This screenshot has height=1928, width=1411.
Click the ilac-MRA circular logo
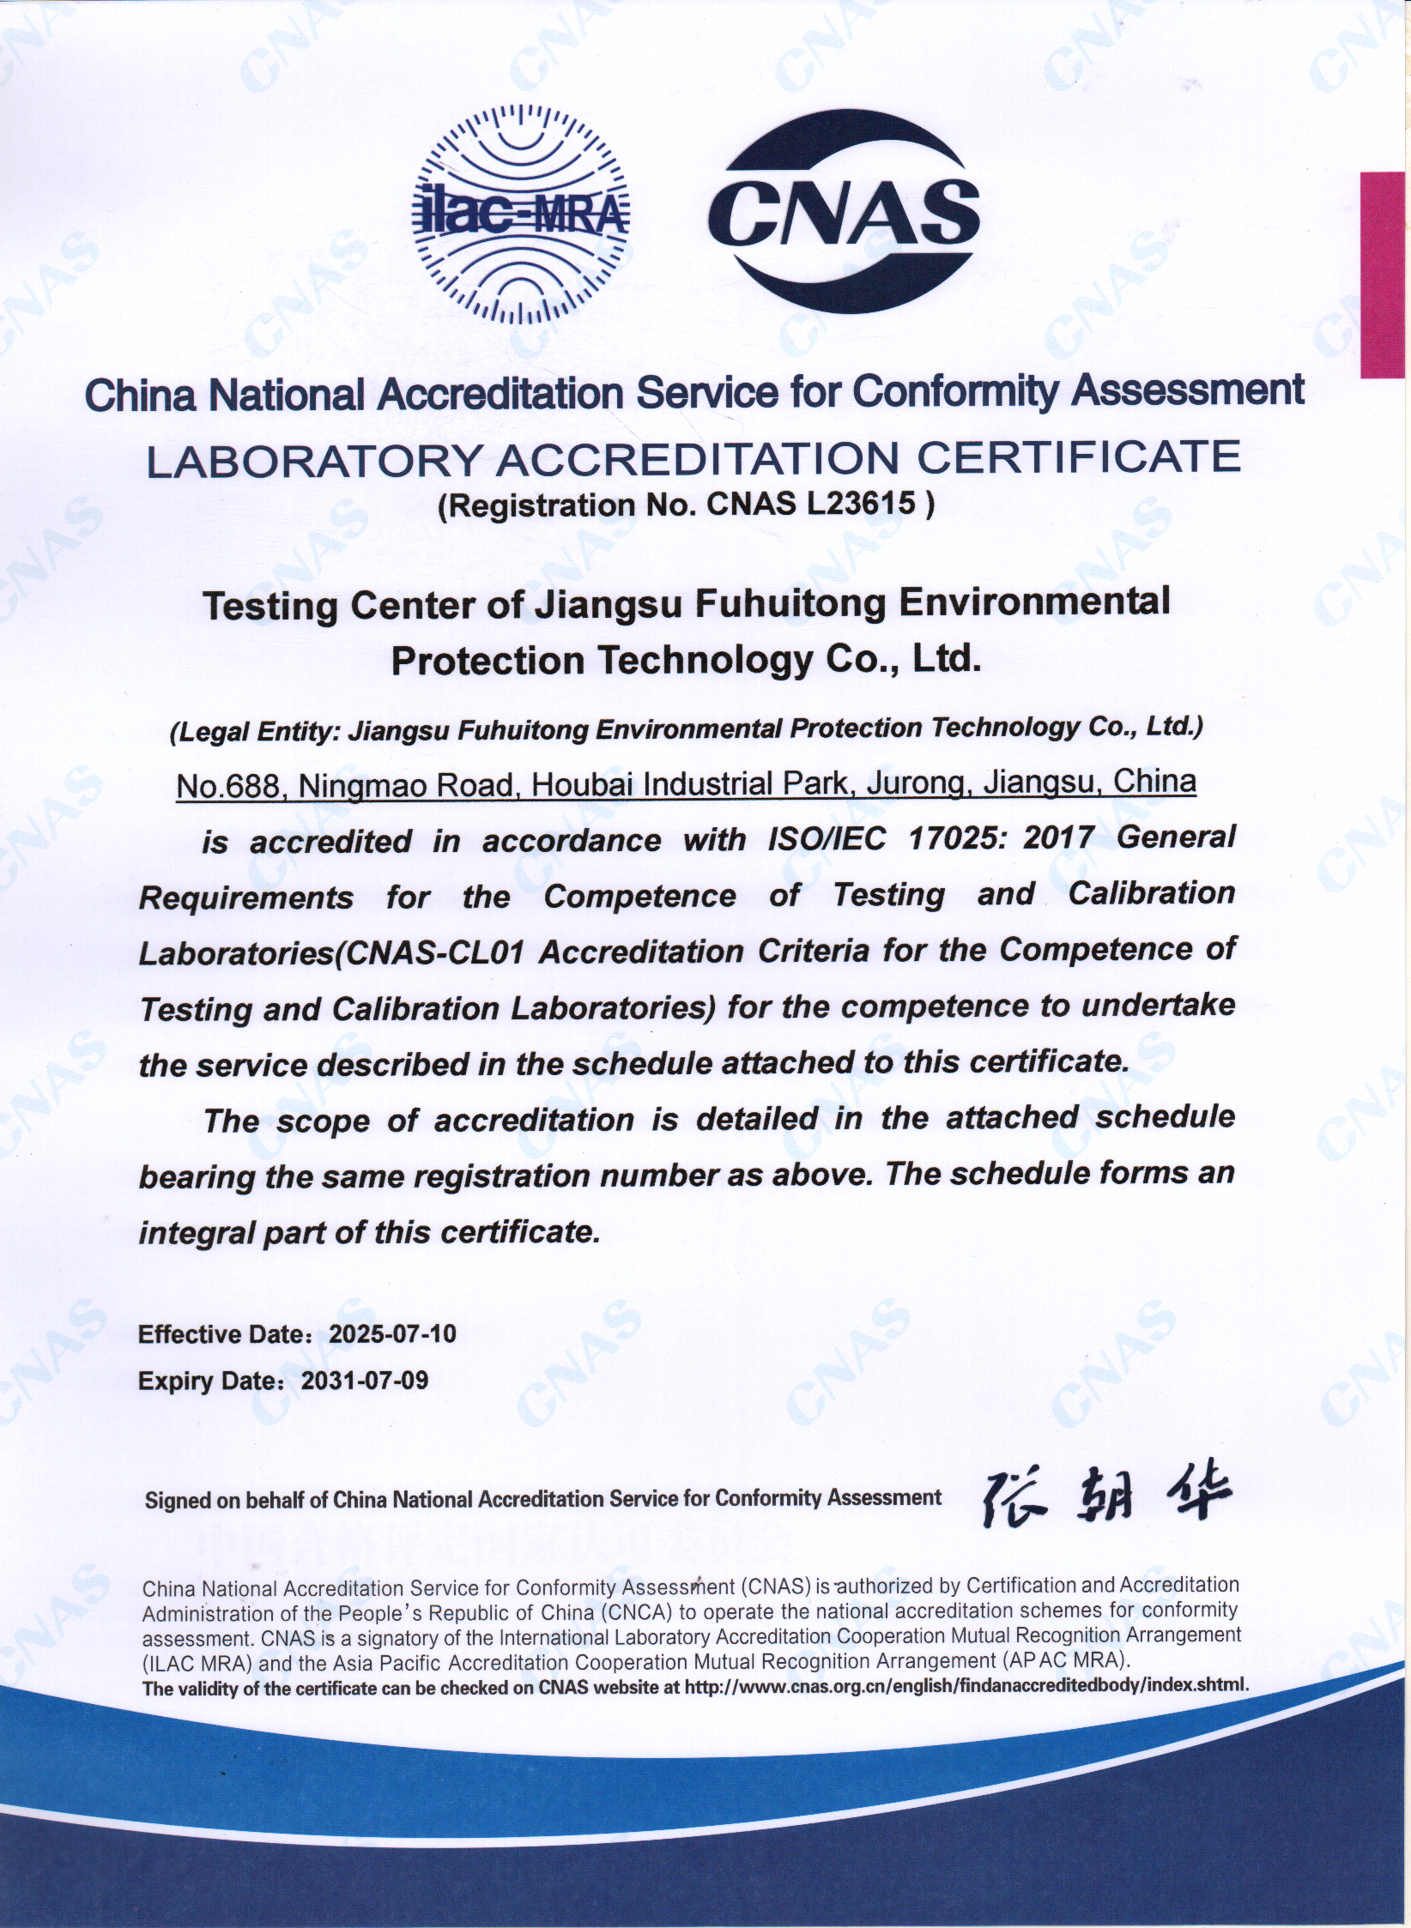tap(521, 214)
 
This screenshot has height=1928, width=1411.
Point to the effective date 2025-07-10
tap(393, 1334)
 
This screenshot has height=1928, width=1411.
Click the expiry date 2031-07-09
tap(365, 1381)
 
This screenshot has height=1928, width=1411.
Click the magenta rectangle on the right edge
tap(1384, 275)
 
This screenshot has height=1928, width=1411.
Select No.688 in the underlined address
tap(229, 785)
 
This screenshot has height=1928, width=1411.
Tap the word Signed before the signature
tap(177, 1501)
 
